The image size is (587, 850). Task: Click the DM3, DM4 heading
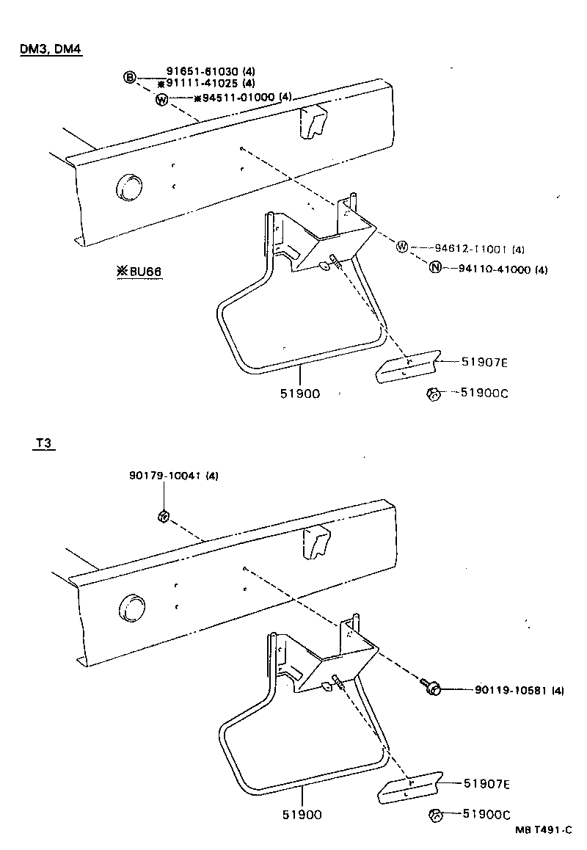coord(49,50)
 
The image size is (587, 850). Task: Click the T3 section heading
coord(44,444)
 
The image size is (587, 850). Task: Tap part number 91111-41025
coord(205,83)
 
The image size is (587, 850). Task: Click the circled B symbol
coord(130,77)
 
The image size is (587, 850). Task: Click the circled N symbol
coord(435,269)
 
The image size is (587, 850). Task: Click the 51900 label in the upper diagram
coord(299,393)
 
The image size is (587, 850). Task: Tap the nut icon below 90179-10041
coord(163,517)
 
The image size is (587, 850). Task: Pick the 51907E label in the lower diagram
coord(486,783)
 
